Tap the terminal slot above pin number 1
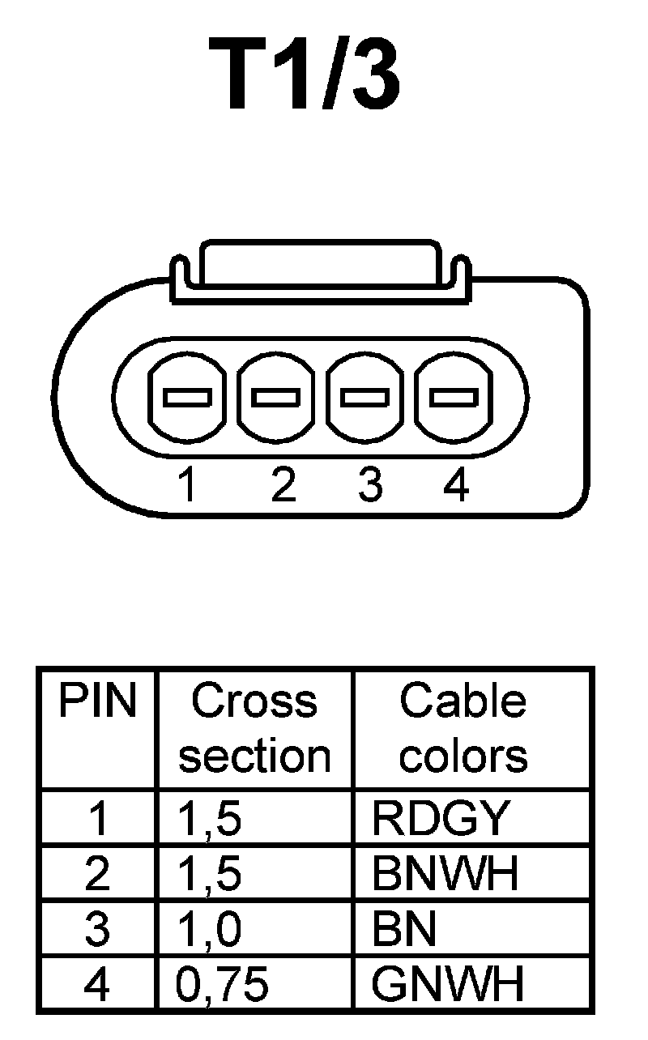tap(187, 398)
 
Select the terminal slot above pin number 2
tap(276, 398)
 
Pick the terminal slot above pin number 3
tap(364, 398)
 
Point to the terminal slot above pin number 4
tap(453, 398)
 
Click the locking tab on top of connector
tap(321, 263)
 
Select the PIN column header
tap(96, 702)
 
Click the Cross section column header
tap(254, 728)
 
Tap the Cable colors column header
tap(463, 728)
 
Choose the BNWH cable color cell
tap(445, 874)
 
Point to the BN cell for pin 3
tap(404, 929)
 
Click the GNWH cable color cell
tap(447, 984)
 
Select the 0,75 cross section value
tap(222, 984)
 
